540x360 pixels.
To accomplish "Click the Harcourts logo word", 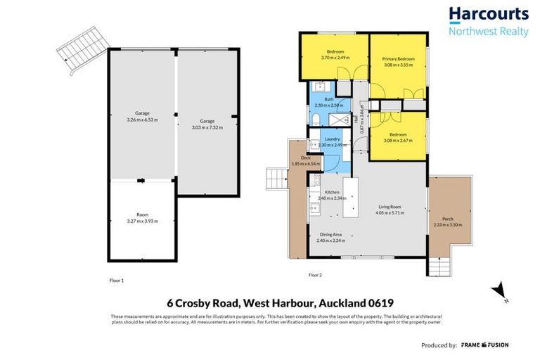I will click(488, 14).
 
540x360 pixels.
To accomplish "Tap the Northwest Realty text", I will click(488, 31).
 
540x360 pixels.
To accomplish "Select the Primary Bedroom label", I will click(398, 58).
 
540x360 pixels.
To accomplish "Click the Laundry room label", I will click(333, 139).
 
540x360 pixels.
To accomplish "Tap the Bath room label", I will click(328, 99).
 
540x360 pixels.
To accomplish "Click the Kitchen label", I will click(332, 192).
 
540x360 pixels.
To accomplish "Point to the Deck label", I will click(306, 157).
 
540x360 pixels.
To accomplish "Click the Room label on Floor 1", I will click(141, 215).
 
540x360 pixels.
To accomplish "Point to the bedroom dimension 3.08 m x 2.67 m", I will click(398, 140).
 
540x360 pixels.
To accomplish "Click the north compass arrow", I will click(499, 290).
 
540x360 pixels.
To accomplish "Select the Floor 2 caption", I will click(315, 274).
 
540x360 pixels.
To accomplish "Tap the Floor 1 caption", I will click(117, 279).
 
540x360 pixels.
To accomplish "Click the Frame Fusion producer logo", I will click(484, 345).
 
